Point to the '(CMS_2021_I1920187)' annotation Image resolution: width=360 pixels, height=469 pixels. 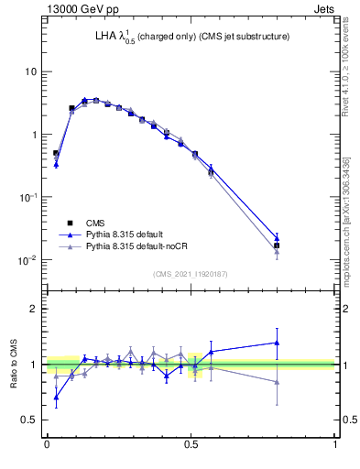coord(190,274)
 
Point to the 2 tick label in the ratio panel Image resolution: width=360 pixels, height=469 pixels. coord(32,309)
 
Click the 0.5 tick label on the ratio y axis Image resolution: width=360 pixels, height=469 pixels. coord(27,420)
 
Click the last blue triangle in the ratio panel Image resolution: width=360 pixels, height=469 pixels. coord(277,343)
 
